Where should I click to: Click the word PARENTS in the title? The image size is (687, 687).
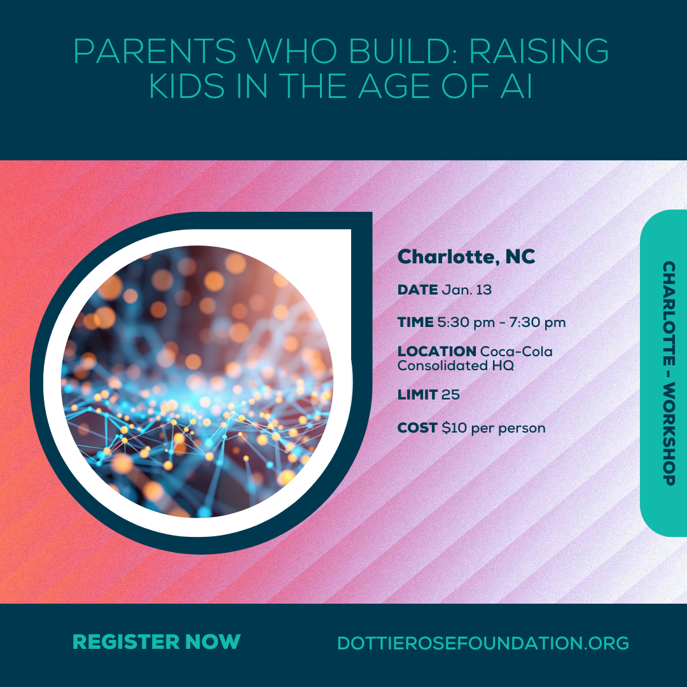(155, 52)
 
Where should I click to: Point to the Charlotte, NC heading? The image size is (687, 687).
(466, 257)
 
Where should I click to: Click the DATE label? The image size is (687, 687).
(417, 289)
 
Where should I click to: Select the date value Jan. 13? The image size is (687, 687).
(467, 289)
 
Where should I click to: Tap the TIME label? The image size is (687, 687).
(415, 323)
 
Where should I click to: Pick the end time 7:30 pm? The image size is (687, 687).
(538, 323)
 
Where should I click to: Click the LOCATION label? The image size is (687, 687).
(437, 351)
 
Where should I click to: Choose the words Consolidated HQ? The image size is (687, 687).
(455, 365)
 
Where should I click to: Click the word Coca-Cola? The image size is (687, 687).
(517, 351)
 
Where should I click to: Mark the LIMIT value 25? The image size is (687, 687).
(450, 395)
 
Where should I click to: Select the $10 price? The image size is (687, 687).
(454, 427)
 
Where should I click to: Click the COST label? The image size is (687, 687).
(417, 427)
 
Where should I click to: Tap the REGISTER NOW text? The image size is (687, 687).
(156, 642)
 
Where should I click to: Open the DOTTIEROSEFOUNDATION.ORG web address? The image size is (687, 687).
(483, 643)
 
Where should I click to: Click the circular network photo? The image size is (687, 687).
(197, 381)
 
